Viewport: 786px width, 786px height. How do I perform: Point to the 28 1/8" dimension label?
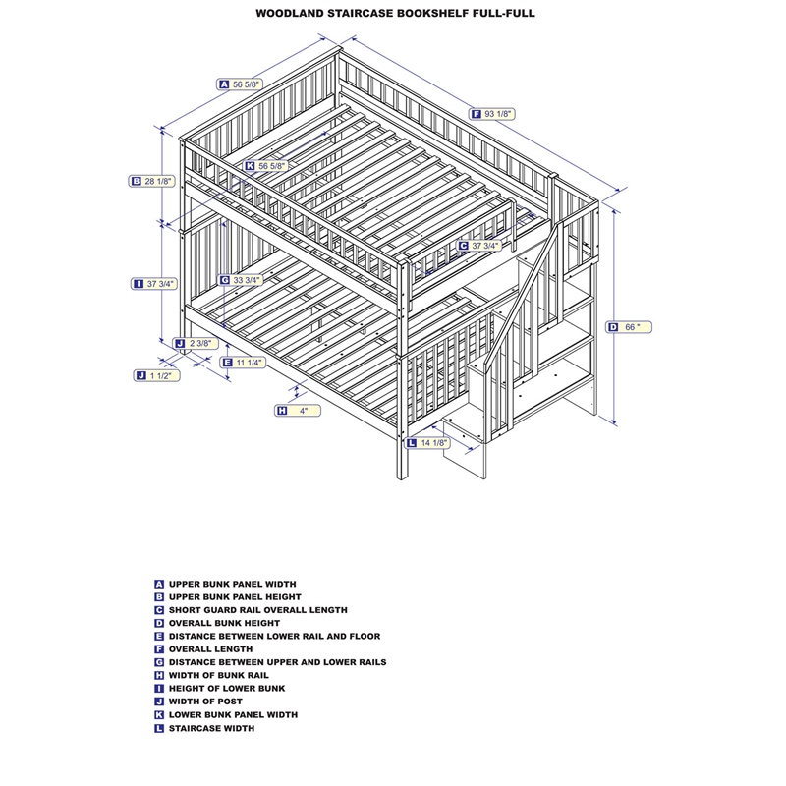click(158, 181)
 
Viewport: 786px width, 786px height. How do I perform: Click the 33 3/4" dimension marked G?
click(246, 280)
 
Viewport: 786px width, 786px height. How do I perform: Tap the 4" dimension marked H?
click(304, 410)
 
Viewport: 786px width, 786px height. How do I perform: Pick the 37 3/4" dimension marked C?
click(484, 246)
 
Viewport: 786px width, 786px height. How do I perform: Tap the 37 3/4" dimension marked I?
click(160, 284)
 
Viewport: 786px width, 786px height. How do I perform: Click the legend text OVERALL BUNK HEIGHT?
click(224, 623)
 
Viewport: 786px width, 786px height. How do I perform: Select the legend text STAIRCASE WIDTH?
click(211, 728)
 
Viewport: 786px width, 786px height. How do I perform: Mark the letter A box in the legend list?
click(158, 584)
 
